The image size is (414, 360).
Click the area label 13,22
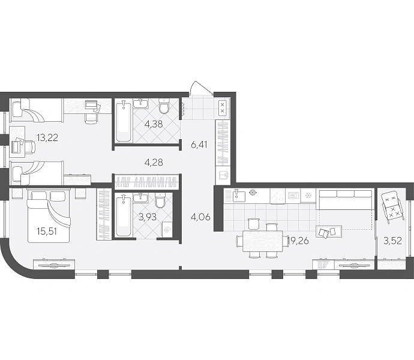pyautogui.click(x=47, y=137)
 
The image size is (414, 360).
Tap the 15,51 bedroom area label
pyautogui.click(x=47, y=232)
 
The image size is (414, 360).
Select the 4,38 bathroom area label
pyautogui.click(x=154, y=124)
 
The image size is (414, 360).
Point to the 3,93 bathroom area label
pyautogui.click(x=148, y=217)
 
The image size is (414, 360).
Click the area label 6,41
pyautogui.click(x=199, y=145)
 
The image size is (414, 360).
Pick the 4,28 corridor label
pyautogui.click(x=154, y=162)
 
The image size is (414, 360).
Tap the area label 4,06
pyautogui.click(x=200, y=217)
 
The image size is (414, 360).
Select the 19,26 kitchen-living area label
pyautogui.click(x=298, y=241)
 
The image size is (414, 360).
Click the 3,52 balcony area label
pyautogui.click(x=392, y=241)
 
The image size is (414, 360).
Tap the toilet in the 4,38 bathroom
pyautogui.click(x=164, y=106)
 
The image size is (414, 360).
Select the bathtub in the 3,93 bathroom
pyautogui.click(x=124, y=215)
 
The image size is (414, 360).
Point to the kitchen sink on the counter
pyautogui.click(x=238, y=196)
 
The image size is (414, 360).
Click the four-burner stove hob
pyautogui.click(x=277, y=196)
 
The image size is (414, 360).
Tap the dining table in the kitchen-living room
pyautogui.click(x=263, y=241)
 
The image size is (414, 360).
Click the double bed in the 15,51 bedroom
pyautogui.click(x=49, y=215)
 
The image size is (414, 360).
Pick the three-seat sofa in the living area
pyautogui.click(x=345, y=199)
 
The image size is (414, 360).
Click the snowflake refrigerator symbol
pyautogui.click(x=308, y=196)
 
